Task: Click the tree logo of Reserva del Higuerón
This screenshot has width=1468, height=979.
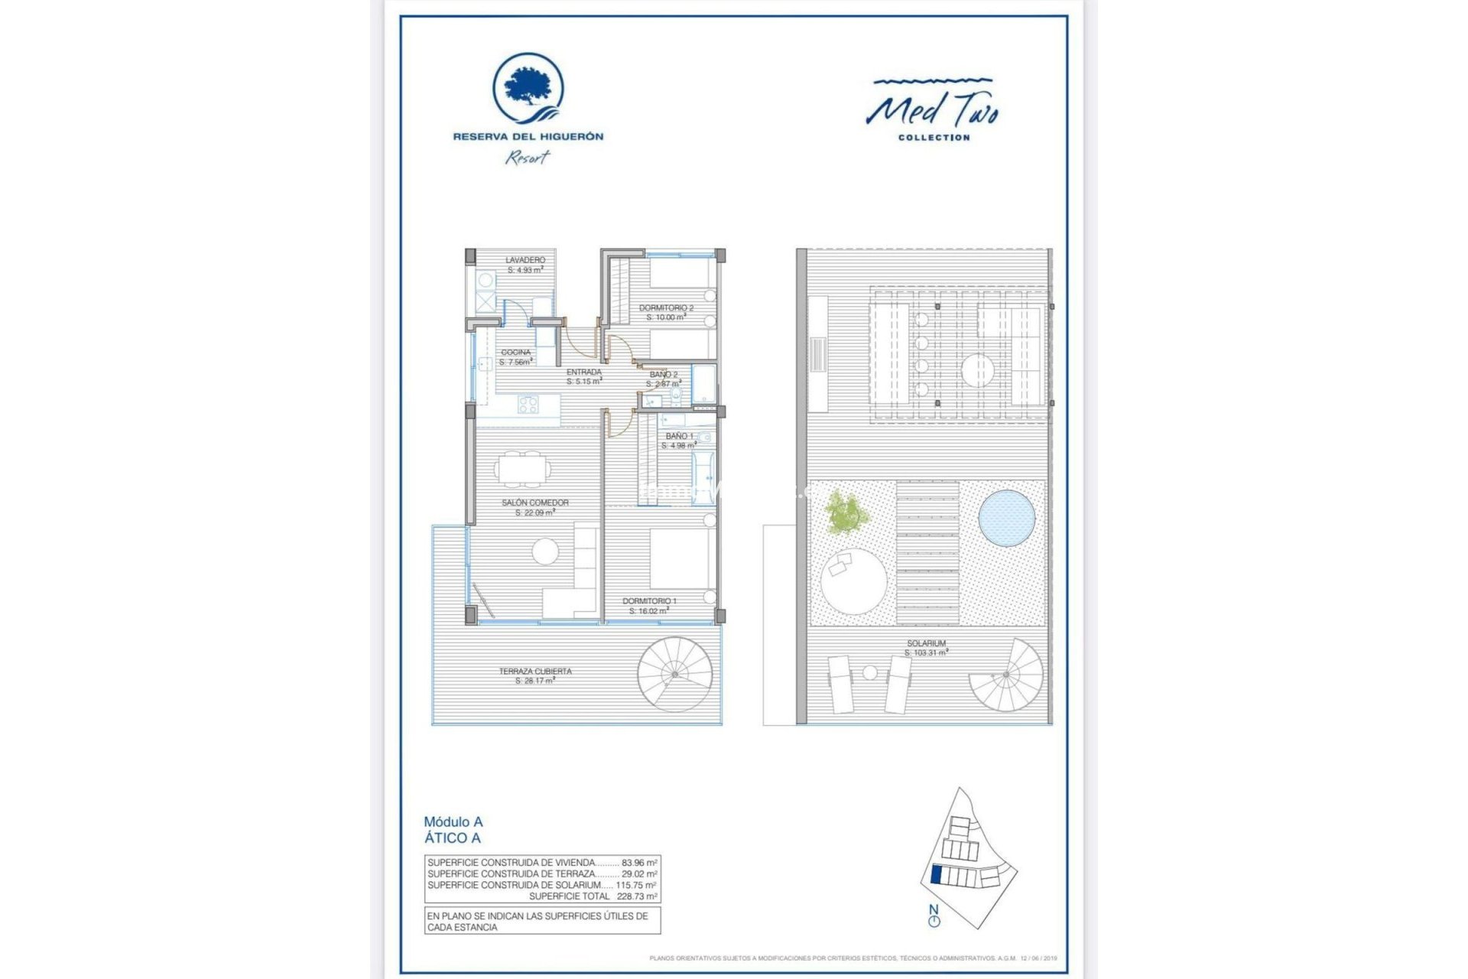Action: tap(528, 89)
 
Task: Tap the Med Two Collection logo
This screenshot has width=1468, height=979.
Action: tap(933, 111)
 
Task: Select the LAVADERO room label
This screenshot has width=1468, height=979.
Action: tap(525, 265)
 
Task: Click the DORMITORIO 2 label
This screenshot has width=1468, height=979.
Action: tap(666, 312)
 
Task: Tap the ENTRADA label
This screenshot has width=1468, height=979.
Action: tap(583, 376)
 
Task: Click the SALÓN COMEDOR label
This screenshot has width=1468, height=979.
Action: tap(535, 507)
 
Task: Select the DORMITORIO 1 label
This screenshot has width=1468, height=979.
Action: tap(649, 606)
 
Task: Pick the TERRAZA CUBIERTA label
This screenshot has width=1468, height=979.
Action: tap(535, 675)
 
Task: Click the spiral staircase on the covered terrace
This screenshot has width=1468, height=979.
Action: tap(675, 674)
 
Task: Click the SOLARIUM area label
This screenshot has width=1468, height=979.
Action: tap(926, 648)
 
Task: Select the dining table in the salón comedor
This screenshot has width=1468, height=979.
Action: tap(521, 469)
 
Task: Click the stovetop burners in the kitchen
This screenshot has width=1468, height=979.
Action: tap(528, 404)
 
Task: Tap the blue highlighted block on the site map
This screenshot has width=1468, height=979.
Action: tap(937, 874)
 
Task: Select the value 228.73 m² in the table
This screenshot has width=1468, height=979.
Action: tap(636, 896)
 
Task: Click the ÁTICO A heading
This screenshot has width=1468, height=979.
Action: tap(453, 838)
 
